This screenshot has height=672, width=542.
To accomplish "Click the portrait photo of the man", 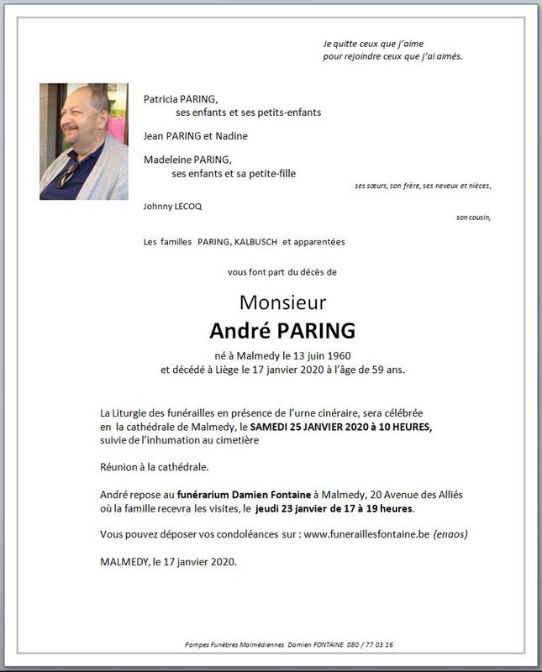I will [x=83, y=141].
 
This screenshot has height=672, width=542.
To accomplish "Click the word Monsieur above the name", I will [x=282, y=302].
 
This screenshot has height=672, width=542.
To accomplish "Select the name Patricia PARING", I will [x=180, y=98].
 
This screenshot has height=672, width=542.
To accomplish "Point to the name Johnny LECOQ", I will [x=172, y=206].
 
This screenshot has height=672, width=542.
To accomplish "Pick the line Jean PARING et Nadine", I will [x=195, y=135].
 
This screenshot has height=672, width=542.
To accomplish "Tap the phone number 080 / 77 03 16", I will [x=369, y=644].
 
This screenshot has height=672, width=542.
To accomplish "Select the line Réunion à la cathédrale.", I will [x=154, y=467].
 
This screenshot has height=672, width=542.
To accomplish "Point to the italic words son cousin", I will [x=473, y=218].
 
